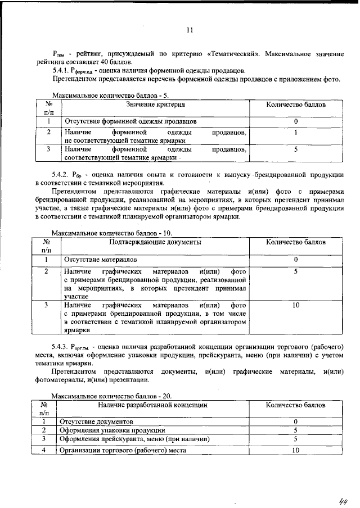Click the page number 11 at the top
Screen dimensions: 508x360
point(190,30)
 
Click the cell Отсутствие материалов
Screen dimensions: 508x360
point(100,260)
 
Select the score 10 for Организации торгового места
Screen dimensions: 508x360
point(295,450)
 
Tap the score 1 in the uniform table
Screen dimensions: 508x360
point(295,133)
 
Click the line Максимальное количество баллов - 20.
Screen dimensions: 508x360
point(112,395)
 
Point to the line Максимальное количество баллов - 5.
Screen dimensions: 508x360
point(110,95)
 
